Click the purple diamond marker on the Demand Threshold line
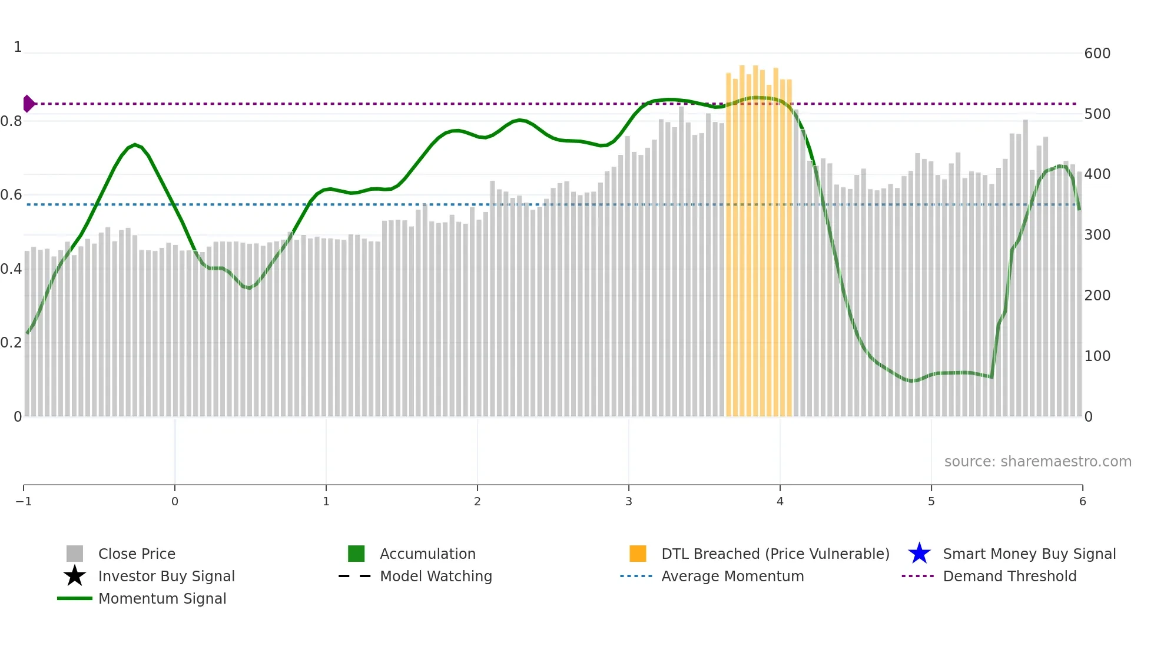(x=28, y=104)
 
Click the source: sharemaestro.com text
(x=1037, y=461)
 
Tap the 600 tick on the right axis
(x=1097, y=54)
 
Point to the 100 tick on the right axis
(x=1097, y=356)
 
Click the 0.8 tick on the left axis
(x=11, y=121)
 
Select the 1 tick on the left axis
(x=18, y=47)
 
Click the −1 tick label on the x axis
(x=24, y=502)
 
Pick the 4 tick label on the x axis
(x=780, y=502)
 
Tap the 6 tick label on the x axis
(x=1082, y=502)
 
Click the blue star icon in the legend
(x=919, y=554)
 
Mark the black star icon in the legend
(x=75, y=576)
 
